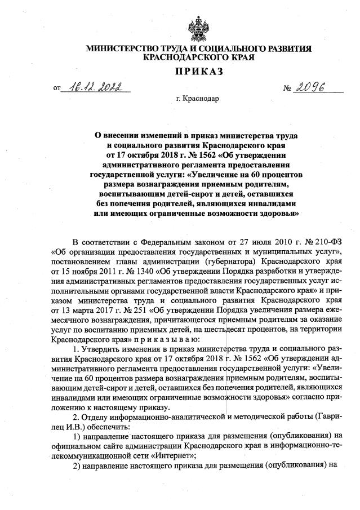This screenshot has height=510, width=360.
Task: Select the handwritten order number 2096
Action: click(x=310, y=87)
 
